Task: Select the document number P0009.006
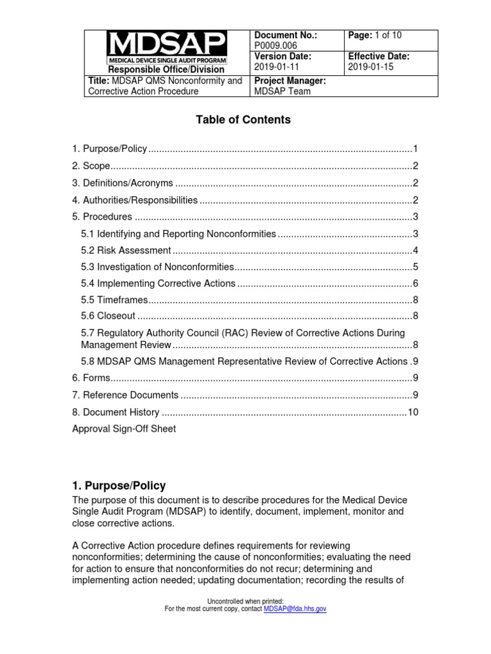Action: [x=276, y=46]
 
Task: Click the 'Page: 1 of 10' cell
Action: [x=375, y=36]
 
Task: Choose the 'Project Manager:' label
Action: [x=290, y=80]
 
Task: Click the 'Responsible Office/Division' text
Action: [x=166, y=69]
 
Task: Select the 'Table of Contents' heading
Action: [x=245, y=119]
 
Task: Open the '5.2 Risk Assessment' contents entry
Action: [x=126, y=250]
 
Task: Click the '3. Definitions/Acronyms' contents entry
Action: [x=123, y=183]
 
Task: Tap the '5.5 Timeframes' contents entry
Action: [x=114, y=300]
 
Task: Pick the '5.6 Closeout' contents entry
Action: [x=108, y=316]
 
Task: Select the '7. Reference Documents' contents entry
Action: [x=125, y=395]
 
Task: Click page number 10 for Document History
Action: [x=413, y=412]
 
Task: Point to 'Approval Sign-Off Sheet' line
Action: [x=124, y=429]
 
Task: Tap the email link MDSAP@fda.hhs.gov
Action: [x=295, y=609]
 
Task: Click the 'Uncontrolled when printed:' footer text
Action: [x=245, y=601]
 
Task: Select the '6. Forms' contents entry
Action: [x=91, y=378]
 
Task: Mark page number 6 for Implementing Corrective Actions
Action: [x=416, y=283]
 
